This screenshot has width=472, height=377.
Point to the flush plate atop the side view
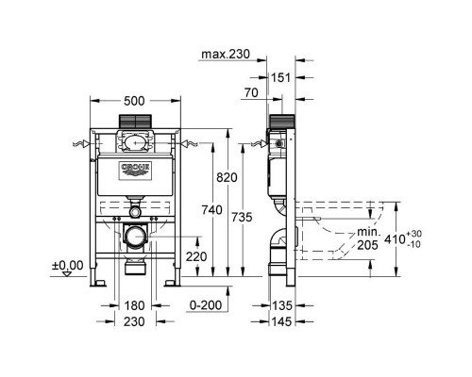280,122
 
